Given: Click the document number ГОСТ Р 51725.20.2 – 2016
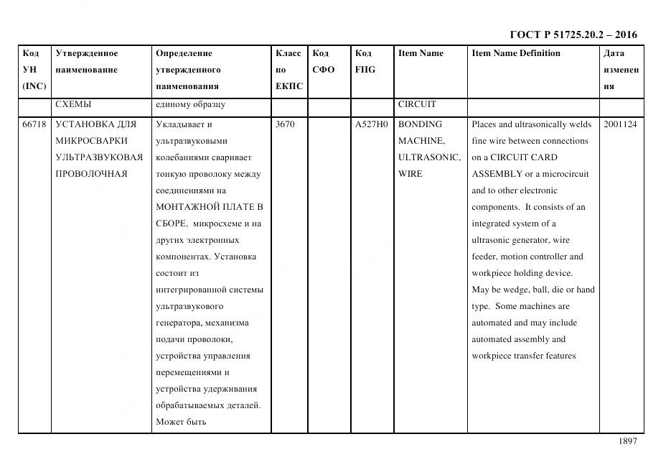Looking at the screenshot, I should click(x=573, y=34).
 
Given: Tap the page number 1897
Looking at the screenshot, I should click(x=627, y=441).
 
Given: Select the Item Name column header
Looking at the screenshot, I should click(x=421, y=53).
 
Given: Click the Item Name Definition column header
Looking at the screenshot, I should click(x=515, y=53).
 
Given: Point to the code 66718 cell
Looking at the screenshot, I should click(x=34, y=124).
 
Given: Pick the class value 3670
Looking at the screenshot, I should click(x=285, y=124).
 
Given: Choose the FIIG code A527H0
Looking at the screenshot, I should click(x=371, y=124).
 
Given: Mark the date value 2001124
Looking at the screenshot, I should click(x=620, y=124).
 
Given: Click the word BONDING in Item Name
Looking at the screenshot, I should click(x=420, y=124).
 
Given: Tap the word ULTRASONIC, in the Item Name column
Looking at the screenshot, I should click(x=429, y=157).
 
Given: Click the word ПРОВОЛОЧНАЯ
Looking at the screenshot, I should click(x=91, y=174).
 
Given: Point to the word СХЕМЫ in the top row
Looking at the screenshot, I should click(x=73, y=104).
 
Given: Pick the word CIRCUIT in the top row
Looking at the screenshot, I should click(x=417, y=104).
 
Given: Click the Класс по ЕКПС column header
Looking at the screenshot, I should click(x=289, y=70).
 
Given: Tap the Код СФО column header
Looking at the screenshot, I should click(x=324, y=61).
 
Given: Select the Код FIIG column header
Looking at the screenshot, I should click(x=365, y=61).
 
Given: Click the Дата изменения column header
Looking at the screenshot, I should click(x=621, y=70).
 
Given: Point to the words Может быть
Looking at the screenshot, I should click(x=181, y=422).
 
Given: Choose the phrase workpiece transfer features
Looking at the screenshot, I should click(x=523, y=356).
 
